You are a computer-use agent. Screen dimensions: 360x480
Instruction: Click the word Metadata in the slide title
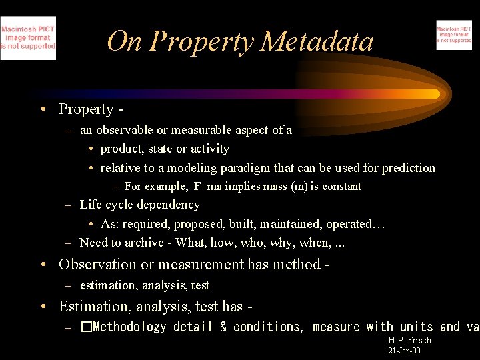tap(317, 41)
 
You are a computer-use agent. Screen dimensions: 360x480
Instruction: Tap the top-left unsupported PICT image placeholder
tap(28, 38)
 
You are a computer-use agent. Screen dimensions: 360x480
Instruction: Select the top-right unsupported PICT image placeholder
tap(454, 35)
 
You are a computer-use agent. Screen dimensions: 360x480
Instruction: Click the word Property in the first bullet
tap(86, 109)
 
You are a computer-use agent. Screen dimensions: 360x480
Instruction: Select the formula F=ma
tap(208, 187)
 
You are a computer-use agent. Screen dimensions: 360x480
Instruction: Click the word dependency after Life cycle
tap(167, 205)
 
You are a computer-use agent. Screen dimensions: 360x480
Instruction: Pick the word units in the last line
tap(416, 327)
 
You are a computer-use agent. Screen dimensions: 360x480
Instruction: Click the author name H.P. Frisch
tap(409, 341)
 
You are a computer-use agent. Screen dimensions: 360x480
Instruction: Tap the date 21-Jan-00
tap(404, 351)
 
